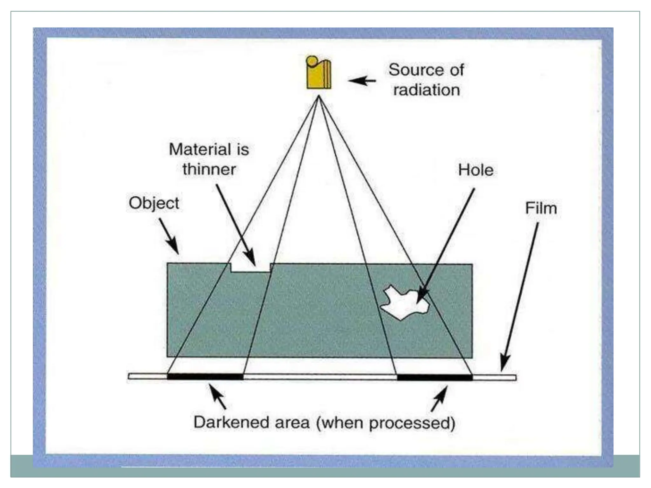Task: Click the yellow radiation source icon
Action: point(318,73)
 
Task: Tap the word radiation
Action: point(426,90)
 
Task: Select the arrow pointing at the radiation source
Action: point(362,81)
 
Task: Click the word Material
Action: point(196,149)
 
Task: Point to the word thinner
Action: point(209,169)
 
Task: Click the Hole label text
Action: point(476,170)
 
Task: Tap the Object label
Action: point(154,203)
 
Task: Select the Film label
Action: point(541,209)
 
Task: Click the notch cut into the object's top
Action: point(250,268)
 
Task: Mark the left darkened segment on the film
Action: point(205,377)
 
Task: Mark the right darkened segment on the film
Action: point(435,377)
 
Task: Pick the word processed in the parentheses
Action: point(410,423)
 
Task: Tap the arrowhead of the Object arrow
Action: point(175,249)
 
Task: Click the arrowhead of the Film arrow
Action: point(504,365)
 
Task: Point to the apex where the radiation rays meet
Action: point(319,97)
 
